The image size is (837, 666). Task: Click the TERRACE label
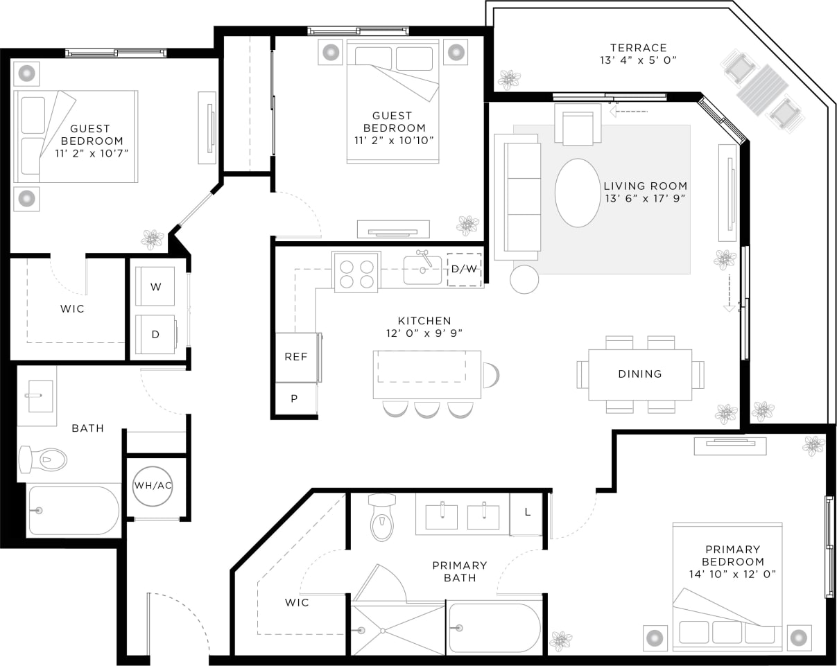(638, 48)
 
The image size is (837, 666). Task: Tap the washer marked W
(155, 286)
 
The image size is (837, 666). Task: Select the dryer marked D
(155, 334)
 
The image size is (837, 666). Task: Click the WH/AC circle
(153, 485)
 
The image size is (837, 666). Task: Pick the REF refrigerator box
(295, 357)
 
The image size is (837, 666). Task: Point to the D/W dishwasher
(464, 269)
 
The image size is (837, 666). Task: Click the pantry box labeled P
(295, 398)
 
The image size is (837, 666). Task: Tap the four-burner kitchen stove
(356, 272)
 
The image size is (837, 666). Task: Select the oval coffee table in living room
(578, 193)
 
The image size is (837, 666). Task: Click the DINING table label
(639, 374)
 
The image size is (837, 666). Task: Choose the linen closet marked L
(527, 513)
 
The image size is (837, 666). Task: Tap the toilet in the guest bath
(43, 459)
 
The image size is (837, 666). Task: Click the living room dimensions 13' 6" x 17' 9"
(645, 199)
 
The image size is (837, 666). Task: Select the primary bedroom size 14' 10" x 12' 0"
(732, 574)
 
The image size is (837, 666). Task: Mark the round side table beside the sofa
(524, 279)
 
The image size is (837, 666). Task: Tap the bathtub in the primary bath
(494, 627)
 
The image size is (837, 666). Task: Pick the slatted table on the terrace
(763, 89)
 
